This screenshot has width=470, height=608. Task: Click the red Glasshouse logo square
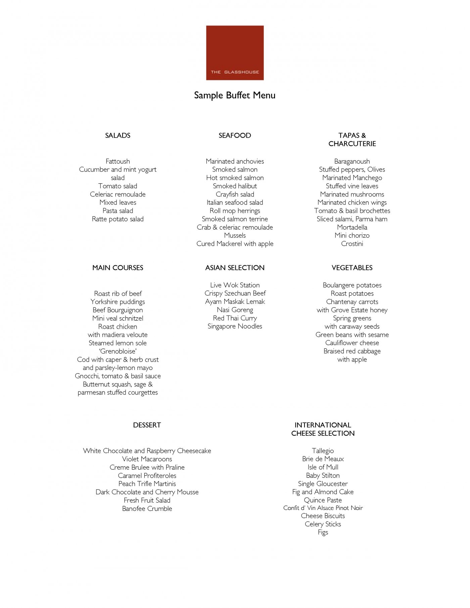click(235, 53)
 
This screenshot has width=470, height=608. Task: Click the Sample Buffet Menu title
click(235, 95)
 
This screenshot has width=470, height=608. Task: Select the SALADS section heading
click(117, 135)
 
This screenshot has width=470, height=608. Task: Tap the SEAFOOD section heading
click(235, 135)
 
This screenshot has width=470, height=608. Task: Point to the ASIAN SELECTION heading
click(235, 268)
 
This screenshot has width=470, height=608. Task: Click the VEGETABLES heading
click(352, 268)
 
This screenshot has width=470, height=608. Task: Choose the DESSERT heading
click(147, 425)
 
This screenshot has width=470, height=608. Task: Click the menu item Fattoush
click(117, 161)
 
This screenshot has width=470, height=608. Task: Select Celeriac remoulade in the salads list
click(117, 194)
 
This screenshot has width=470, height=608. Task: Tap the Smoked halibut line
click(235, 186)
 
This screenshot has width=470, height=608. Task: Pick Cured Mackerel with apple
click(235, 244)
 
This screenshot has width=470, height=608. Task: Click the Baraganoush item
click(352, 161)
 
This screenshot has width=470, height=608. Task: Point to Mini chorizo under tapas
click(352, 235)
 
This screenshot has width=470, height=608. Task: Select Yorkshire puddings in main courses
click(117, 302)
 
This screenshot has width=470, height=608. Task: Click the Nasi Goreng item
click(235, 310)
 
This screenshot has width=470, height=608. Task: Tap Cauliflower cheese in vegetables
click(352, 343)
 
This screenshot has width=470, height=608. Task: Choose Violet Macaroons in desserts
click(147, 459)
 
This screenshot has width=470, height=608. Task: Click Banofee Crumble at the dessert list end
click(147, 509)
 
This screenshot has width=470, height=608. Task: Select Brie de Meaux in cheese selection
click(323, 459)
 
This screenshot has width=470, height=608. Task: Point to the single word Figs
click(323, 532)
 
